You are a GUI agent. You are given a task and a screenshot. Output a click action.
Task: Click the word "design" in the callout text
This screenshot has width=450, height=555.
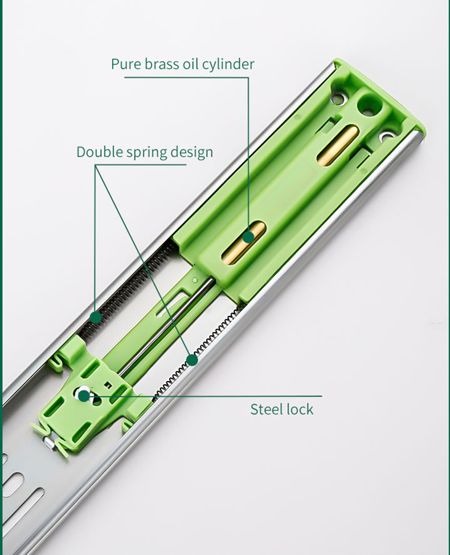coord(192,152)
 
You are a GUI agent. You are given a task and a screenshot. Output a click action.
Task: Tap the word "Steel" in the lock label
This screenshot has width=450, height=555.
coord(267,410)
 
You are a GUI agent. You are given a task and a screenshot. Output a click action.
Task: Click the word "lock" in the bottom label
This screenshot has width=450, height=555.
coord(300,410)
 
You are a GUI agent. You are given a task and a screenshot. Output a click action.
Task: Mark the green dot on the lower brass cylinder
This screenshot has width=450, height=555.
coord(249,237)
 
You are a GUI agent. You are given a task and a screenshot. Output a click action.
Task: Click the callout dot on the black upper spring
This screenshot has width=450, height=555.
coord(96,317)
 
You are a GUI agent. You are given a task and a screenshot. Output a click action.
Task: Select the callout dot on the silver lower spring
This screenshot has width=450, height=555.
coord(192,360)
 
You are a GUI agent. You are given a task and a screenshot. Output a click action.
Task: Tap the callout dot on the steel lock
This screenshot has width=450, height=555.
coord(84,395)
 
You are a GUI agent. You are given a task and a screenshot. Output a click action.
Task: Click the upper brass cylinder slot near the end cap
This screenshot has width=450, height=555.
coord(338,145)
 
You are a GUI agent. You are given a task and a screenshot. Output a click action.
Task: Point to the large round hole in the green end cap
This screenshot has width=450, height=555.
coord(370,105)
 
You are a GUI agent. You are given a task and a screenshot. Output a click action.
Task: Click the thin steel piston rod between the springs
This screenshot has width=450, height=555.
coord(166,326)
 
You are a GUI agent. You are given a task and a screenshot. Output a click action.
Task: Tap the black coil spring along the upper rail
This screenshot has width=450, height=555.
coord(127,290)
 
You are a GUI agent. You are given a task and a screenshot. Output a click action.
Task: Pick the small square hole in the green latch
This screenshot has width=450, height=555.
coord(108,384)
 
